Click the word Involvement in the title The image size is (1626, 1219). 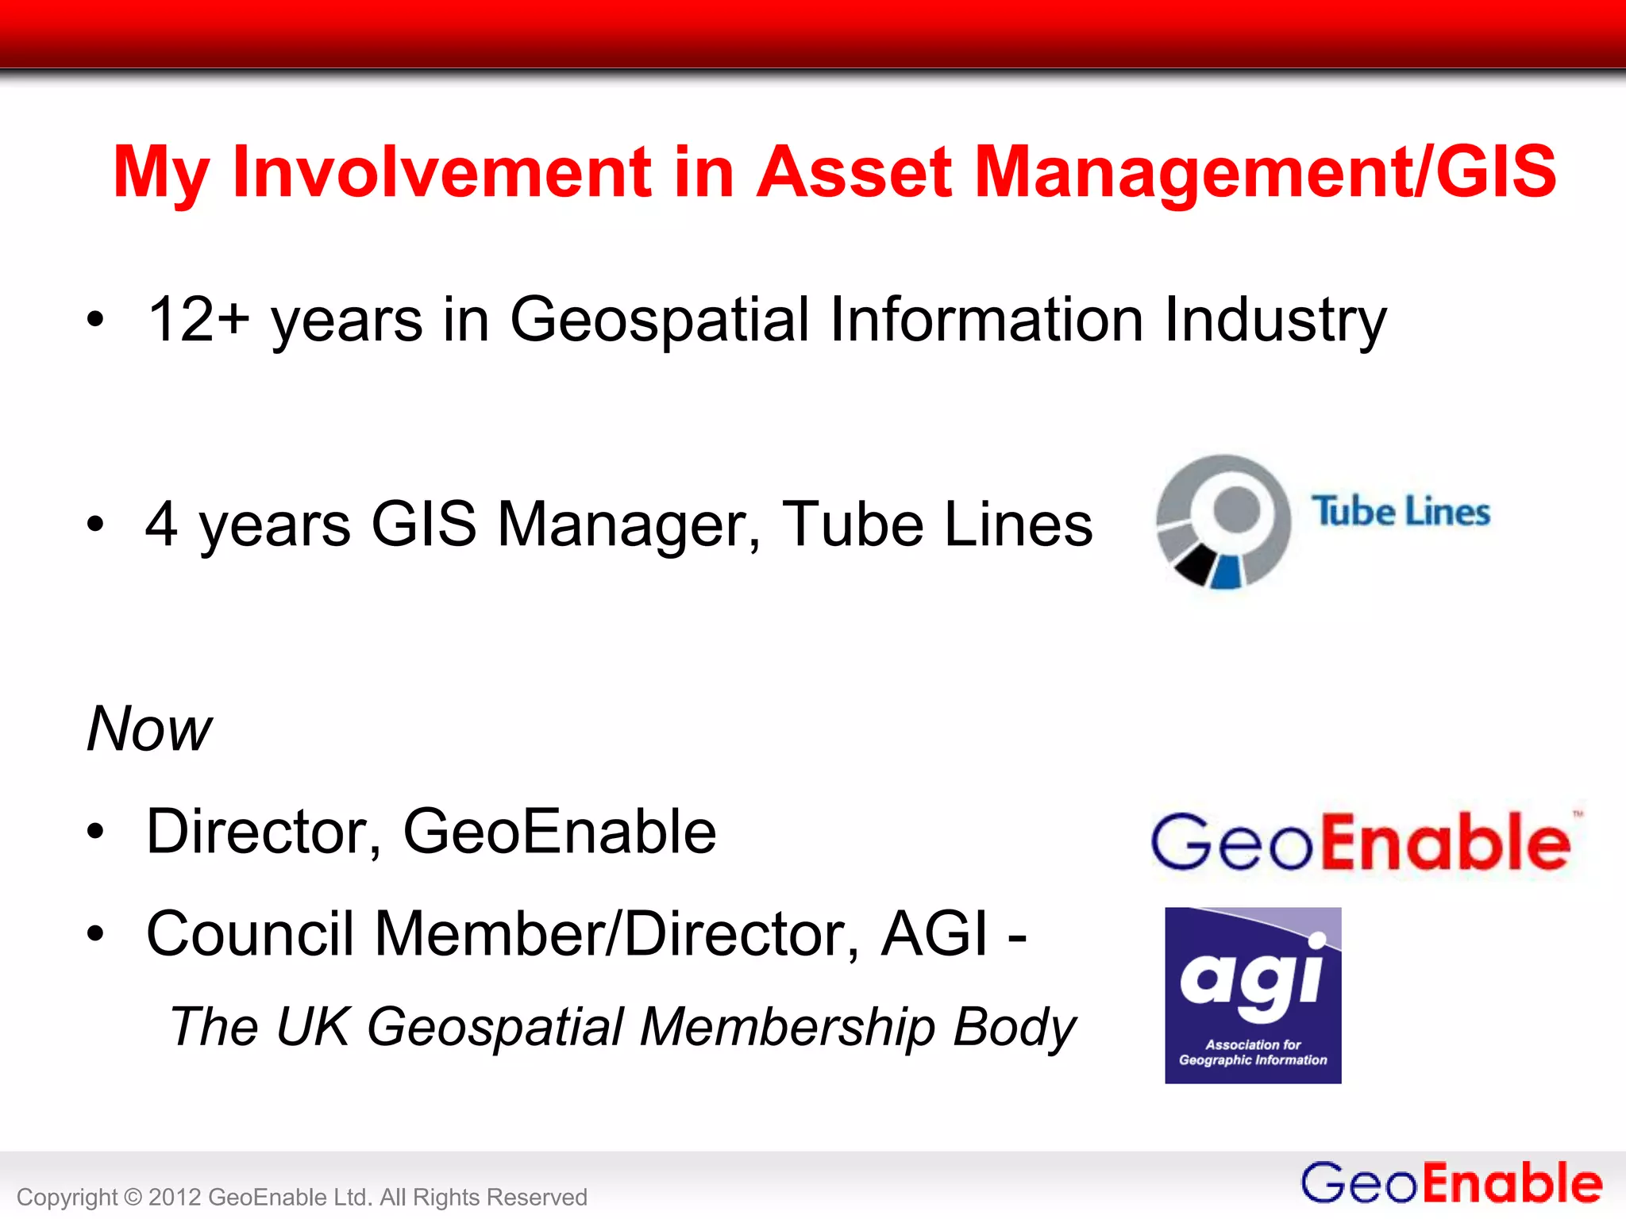pos(441,172)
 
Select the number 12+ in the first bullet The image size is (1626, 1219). pos(198,320)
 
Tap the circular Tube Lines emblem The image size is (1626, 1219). pos(1223,521)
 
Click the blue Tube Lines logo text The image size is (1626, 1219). pos(1401,512)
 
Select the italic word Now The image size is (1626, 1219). pos(149,729)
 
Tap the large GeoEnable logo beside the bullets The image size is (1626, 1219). pos(1362,842)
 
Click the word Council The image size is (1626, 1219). pos(250,934)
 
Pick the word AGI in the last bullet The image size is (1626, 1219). pos(935,934)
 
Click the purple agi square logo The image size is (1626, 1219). pos(1253,995)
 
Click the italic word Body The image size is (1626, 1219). pos(1014,1027)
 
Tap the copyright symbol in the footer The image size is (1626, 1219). pos(133,1197)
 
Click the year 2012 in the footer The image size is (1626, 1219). pos(175,1197)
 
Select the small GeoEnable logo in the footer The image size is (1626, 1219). pos(1451,1183)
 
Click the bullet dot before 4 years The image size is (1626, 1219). pos(96,525)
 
